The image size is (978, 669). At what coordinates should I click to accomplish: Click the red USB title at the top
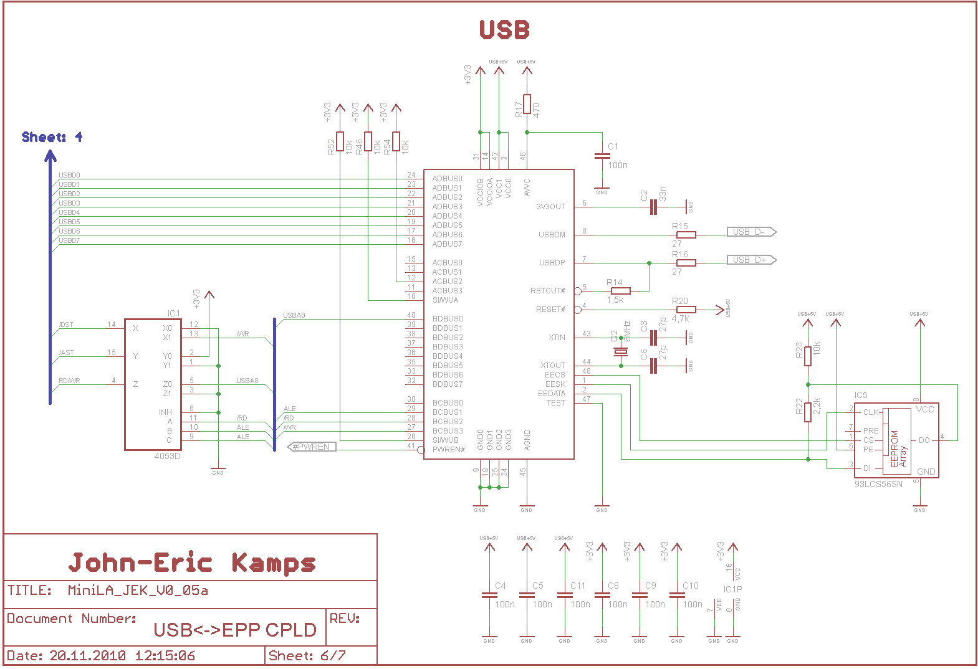click(x=504, y=30)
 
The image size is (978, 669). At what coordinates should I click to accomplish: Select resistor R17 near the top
click(x=527, y=104)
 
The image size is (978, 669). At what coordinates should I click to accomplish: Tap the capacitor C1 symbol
click(x=602, y=156)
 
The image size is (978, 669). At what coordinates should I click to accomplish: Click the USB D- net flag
click(x=750, y=232)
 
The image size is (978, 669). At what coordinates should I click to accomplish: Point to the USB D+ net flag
click(x=750, y=260)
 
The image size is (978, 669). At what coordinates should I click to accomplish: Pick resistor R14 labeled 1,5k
click(x=620, y=291)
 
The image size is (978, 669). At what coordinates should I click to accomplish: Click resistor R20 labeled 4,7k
click(x=686, y=310)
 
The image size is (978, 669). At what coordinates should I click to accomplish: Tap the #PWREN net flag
click(x=312, y=447)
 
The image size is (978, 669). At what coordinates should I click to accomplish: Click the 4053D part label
click(x=167, y=457)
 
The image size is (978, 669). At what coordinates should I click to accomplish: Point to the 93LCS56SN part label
click(x=878, y=484)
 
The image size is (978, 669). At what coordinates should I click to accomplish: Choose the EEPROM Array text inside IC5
click(x=898, y=448)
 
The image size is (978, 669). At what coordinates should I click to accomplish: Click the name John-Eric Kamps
click(x=192, y=562)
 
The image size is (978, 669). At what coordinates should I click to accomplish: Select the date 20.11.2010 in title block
click(x=87, y=656)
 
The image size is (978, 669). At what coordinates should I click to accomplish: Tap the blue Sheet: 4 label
click(x=52, y=137)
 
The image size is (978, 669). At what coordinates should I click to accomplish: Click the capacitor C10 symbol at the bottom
click(x=677, y=595)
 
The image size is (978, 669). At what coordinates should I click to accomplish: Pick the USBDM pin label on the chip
click(x=552, y=235)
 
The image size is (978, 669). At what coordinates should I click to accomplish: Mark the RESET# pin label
click(x=550, y=310)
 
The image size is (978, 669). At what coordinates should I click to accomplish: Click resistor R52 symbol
click(x=340, y=141)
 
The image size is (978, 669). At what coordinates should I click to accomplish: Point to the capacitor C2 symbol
click(x=653, y=207)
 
